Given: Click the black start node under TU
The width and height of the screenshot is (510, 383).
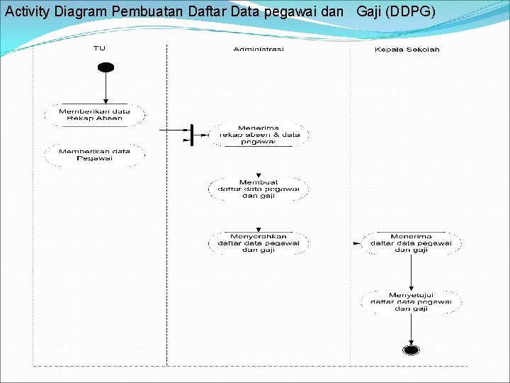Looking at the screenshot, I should coord(106,67).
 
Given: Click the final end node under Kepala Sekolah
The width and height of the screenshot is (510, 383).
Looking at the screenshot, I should coord(411,350).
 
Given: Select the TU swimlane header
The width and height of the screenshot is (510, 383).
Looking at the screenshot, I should coord(99,48).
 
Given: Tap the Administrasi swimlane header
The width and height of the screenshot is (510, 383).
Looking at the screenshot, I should coord(259,49).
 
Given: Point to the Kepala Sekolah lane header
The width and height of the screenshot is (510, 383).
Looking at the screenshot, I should coord(407,49).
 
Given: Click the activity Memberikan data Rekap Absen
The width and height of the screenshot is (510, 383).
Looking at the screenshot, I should coord(95,115).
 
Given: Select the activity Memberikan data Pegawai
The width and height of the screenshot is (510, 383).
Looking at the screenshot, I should coord(95,155).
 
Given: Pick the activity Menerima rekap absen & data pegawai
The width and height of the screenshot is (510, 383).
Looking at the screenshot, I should coord(259,135).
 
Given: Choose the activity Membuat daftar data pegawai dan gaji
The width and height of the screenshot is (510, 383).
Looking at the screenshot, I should coord(259,189).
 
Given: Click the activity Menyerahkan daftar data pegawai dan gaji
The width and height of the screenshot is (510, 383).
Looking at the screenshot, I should coord(259,243).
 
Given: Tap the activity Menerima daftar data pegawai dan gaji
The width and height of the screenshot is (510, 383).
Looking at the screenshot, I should coord(411,243).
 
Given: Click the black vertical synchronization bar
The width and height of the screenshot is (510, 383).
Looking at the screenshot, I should coord(191,134).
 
